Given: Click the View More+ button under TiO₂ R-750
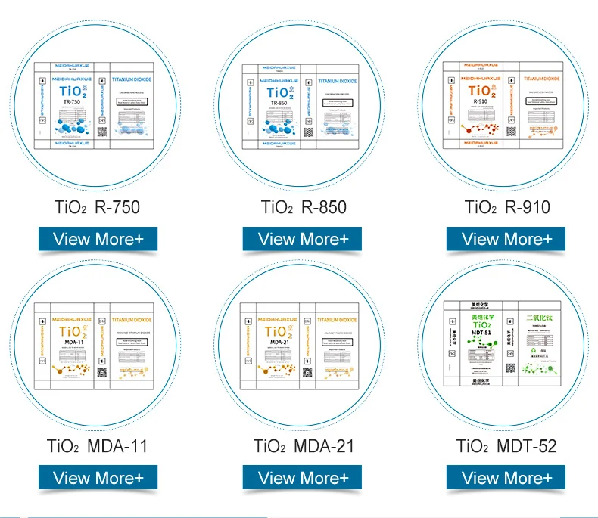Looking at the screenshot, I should click(98, 239).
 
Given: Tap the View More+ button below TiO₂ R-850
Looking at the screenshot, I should click(302, 239).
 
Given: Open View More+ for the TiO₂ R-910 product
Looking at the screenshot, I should click(506, 239).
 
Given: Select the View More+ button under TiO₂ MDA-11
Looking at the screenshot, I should click(98, 477).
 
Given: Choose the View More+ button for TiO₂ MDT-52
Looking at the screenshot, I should click(506, 477).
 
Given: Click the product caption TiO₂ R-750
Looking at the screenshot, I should click(98, 207).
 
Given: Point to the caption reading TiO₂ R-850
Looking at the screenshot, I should click(303, 207).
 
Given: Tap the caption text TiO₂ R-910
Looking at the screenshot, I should click(507, 207).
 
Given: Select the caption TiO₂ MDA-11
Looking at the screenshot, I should click(98, 446).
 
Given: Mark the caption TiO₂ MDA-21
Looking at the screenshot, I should click(303, 446).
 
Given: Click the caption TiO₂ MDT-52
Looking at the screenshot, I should click(507, 446).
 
